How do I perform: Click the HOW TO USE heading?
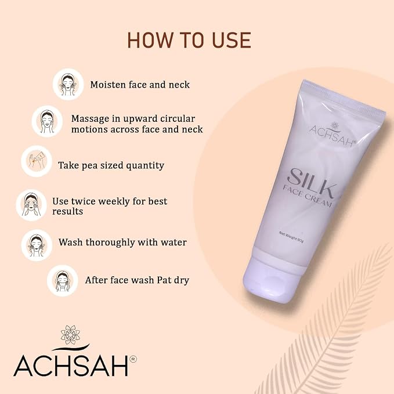(x=189, y=40)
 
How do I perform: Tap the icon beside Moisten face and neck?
(x=68, y=84)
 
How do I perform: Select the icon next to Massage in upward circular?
(x=47, y=121)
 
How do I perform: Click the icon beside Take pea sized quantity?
(x=37, y=161)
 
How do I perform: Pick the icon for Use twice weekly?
(x=31, y=205)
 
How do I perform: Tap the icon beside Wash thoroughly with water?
(x=37, y=245)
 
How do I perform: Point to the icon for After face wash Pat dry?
(x=63, y=281)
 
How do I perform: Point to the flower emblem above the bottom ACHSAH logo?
(x=70, y=335)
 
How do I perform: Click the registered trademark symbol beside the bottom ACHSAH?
(x=133, y=359)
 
